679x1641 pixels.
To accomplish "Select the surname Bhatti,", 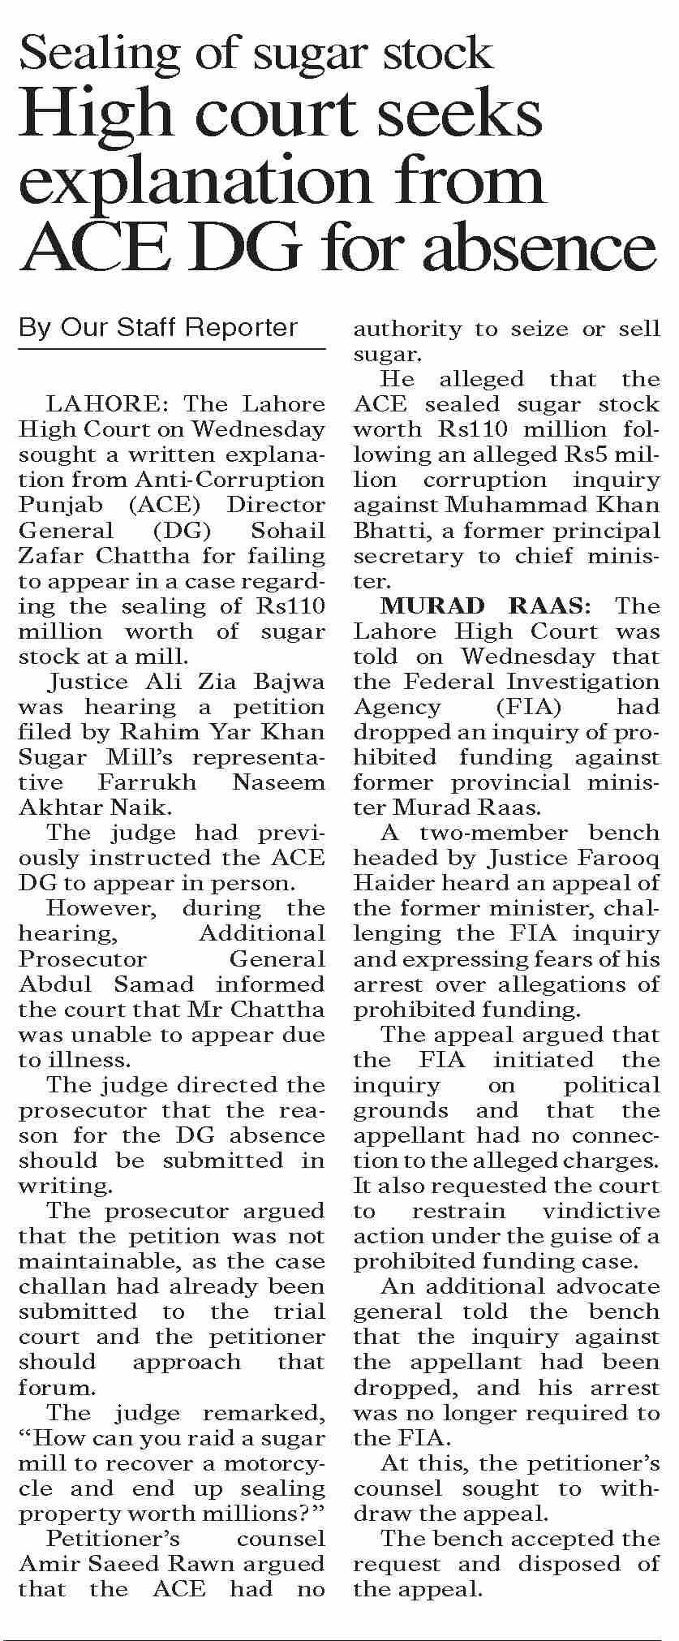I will [385, 531].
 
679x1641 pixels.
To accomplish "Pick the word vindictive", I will [600, 1211].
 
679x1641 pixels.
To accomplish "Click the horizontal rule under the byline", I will [171, 349].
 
